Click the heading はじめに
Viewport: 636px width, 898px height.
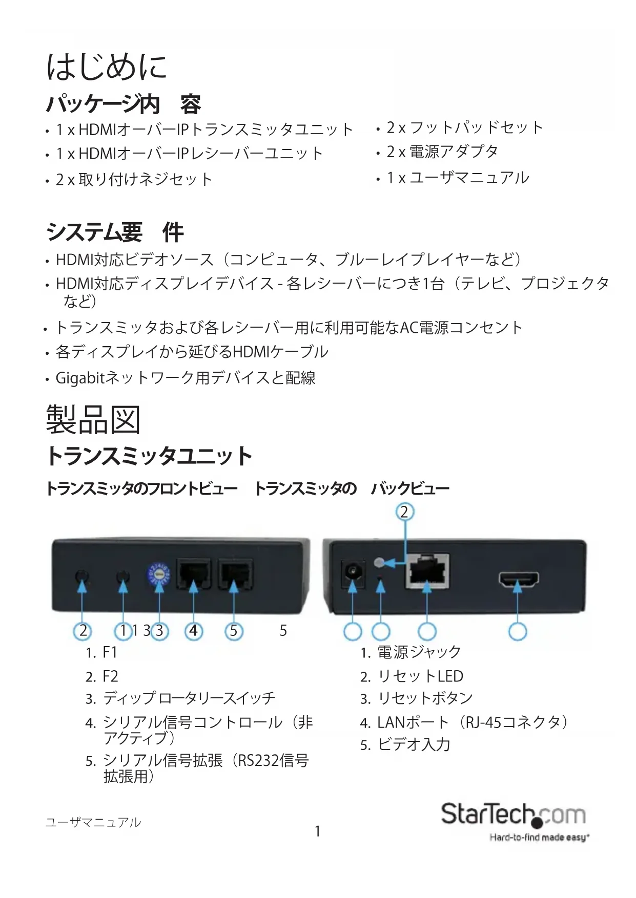coord(107,68)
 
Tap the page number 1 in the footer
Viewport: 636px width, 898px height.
coord(317,831)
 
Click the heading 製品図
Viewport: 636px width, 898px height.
coord(93,420)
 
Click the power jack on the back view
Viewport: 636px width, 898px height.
coord(353,572)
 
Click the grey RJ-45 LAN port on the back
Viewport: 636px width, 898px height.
coord(427,571)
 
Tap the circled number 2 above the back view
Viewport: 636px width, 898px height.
coord(404,512)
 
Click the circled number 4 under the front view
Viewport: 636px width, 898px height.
coord(193,631)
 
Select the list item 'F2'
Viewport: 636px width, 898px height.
coord(110,676)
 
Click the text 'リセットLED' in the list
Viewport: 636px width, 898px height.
coord(420,676)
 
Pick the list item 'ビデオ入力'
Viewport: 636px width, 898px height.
coord(414,744)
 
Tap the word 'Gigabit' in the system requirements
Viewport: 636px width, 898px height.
coord(80,378)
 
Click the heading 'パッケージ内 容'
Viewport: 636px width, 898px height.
coord(124,104)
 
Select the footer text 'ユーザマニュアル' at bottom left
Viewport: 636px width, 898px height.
coord(93,823)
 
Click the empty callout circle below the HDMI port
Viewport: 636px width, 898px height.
coord(518,631)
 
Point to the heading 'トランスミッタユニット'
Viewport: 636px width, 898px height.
coord(149,456)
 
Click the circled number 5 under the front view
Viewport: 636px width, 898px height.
coord(234,631)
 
